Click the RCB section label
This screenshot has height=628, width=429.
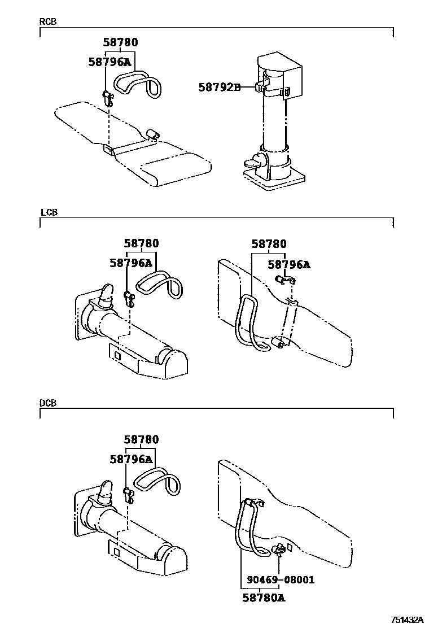coord(47,22)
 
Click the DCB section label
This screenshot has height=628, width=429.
coord(48,403)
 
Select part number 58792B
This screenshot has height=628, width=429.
coord(220,87)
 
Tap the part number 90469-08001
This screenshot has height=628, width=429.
coord(281,580)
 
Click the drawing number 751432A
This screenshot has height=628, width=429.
coord(409,619)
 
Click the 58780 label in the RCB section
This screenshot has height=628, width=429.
coord(120,42)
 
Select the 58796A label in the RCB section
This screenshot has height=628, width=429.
coord(110,62)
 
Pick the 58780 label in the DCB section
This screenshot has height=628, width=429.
coord(141,439)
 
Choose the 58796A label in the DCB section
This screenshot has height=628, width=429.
coord(131,459)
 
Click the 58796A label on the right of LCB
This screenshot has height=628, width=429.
coord(288,264)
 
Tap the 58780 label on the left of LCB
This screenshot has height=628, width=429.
coord(141,243)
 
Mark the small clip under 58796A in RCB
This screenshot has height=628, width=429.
coord(107,97)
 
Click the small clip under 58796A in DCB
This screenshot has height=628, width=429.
coord(129,495)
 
